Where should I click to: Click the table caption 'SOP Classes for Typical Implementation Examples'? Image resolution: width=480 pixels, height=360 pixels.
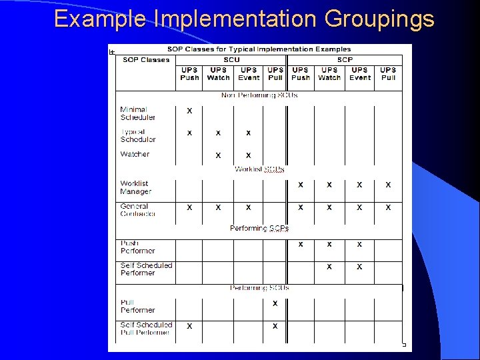(x=259, y=49)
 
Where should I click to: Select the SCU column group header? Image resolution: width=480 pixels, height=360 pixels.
(x=231, y=60)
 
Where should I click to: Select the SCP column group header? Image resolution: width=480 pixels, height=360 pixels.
(x=345, y=60)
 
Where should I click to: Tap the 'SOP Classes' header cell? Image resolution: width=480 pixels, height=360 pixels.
(x=146, y=60)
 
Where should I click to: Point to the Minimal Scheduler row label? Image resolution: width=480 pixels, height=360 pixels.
(x=137, y=113)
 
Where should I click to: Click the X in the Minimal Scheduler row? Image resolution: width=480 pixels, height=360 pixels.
(x=189, y=111)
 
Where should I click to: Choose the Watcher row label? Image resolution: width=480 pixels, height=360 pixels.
(x=135, y=154)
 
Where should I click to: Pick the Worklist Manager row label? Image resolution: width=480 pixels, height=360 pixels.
(x=136, y=187)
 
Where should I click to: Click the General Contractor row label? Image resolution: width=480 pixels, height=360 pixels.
(x=137, y=210)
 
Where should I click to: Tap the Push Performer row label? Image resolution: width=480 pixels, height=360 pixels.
(x=137, y=247)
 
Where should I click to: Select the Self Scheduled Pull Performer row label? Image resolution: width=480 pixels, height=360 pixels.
(x=146, y=329)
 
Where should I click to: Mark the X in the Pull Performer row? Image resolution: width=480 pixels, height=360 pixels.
(x=275, y=304)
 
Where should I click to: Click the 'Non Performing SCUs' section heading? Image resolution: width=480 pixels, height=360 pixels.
(x=259, y=95)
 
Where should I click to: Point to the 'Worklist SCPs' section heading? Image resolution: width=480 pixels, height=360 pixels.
(x=259, y=169)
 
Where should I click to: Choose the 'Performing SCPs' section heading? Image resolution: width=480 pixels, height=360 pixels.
(x=259, y=228)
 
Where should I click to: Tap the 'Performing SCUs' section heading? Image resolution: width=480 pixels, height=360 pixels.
(x=259, y=287)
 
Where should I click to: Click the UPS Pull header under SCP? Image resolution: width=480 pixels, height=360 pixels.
(x=388, y=73)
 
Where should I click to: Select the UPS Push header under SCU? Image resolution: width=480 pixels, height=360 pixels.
(x=189, y=73)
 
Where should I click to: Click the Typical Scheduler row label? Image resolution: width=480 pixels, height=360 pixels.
(x=137, y=135)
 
